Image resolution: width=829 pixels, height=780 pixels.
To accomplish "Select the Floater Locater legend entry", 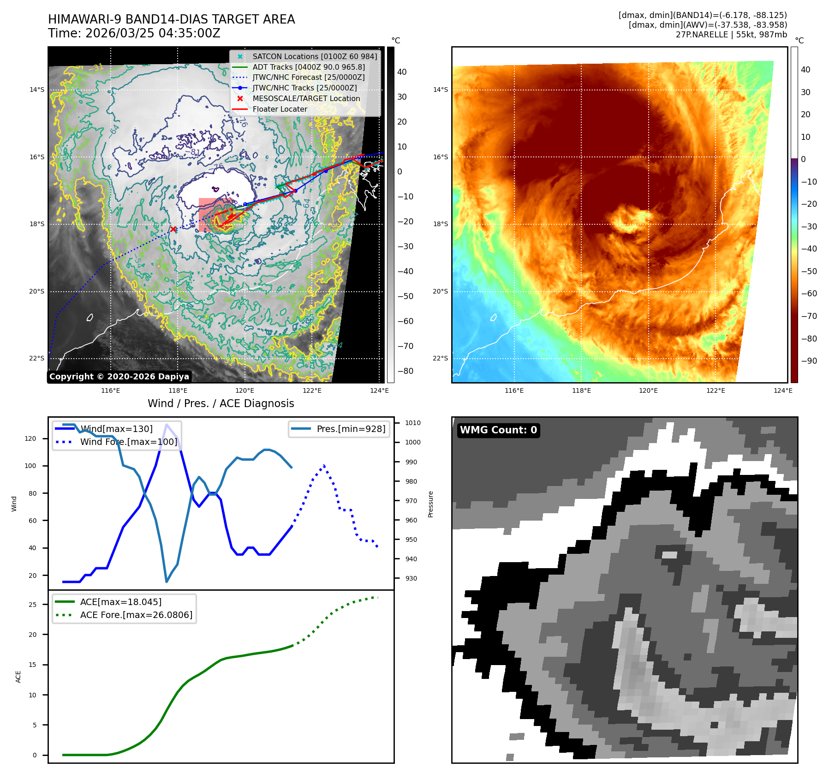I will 280,109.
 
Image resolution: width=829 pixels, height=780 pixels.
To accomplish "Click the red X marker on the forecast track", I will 173,229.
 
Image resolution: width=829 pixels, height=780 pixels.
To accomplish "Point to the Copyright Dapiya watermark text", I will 119,377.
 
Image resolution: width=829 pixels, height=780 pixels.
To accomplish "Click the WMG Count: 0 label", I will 498,430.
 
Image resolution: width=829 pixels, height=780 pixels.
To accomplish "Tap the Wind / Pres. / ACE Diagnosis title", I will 221,403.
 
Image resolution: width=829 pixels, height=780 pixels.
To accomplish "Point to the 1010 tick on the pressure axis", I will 412,423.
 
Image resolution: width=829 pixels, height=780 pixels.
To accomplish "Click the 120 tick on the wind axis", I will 30,438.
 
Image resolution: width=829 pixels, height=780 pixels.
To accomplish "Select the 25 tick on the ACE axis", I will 32,605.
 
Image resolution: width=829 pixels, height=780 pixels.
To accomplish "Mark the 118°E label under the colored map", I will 581,390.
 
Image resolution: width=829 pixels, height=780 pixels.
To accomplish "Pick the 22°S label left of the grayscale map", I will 37,358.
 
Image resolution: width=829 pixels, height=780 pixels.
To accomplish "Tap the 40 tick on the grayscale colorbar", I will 402,72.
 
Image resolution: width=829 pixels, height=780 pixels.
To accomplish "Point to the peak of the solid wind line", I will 167,424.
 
